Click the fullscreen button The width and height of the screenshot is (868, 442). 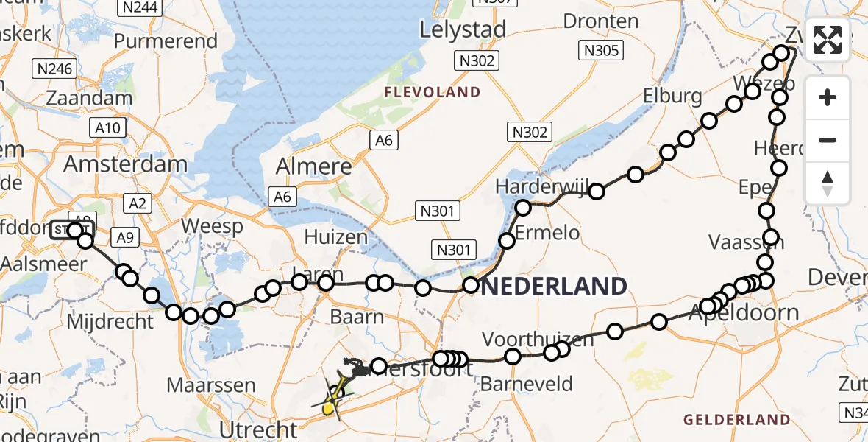tap(828, 40)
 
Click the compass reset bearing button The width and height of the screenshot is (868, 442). tap(828, 183)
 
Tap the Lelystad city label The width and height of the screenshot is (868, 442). tap(463, 29)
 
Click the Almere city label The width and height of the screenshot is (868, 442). tap(313, 166)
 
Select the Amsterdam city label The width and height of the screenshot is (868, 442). tap(125, 164)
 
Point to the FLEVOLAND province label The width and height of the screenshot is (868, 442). tap(432, 92)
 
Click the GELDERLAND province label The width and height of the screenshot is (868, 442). tap(737, 420)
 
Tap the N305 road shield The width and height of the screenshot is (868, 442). tap(602, 50)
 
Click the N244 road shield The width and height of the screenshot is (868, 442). tap(140, 7)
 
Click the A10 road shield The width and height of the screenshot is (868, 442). tap(107, 129)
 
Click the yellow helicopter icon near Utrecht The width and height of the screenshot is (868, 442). tap(332, 397)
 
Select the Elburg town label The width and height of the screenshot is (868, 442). tap(672, 96)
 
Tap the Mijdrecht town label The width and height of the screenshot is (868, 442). tap(110, 321)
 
